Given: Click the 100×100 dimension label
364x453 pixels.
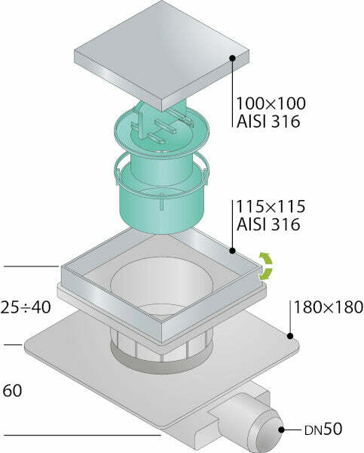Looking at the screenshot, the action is coord(271,103).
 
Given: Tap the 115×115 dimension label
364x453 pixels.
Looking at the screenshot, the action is coord(271,206).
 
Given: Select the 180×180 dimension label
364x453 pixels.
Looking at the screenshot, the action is coord(329,307).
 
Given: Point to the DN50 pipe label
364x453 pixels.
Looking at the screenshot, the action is coord(323,430).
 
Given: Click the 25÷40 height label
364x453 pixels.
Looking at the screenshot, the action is coord(26,307).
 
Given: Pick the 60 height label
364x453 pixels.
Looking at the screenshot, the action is coord(12,391).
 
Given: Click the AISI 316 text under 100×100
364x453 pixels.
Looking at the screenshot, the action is coord(268,122).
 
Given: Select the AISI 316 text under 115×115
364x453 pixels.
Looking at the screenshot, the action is coord(268,224).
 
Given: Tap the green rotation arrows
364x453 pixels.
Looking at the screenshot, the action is coord(265,266).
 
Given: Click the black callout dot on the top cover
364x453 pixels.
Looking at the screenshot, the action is coord(232,58).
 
